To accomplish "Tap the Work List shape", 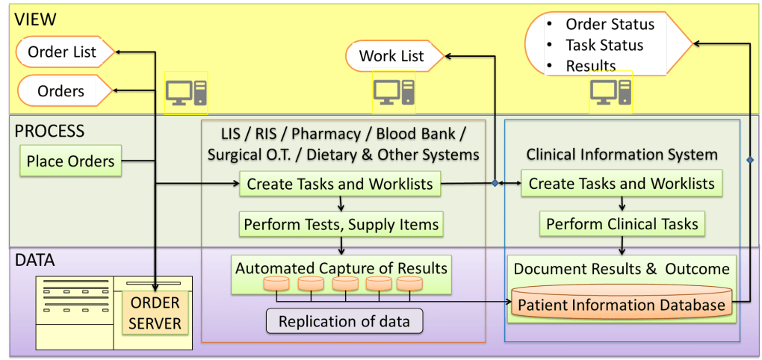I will click(x=393, y=56).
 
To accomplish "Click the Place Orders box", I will click(x=71, y=161).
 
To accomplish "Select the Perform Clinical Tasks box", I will click(x=622, y=224).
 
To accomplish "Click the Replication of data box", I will click(x=344, y=322).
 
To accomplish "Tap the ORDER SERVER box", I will click(x=155, y=313).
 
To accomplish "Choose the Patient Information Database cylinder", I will click(x=621, y=305).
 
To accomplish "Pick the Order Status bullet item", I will click(x=609, y=24).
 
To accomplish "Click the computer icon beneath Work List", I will click(x=393, y=92).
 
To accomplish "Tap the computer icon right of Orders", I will click(x=185, y=93).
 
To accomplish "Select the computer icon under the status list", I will click(x=610, y=92).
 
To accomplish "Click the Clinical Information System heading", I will click(x=622, y=155).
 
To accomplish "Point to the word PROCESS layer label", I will click(x=49, y=131).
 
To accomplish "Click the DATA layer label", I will click(x=36, y=261).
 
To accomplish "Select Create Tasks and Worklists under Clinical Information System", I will click(x=622, y=183).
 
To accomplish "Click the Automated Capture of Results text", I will click(x=341, y=267).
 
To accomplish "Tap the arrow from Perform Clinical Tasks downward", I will click(x=622, y=243).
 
